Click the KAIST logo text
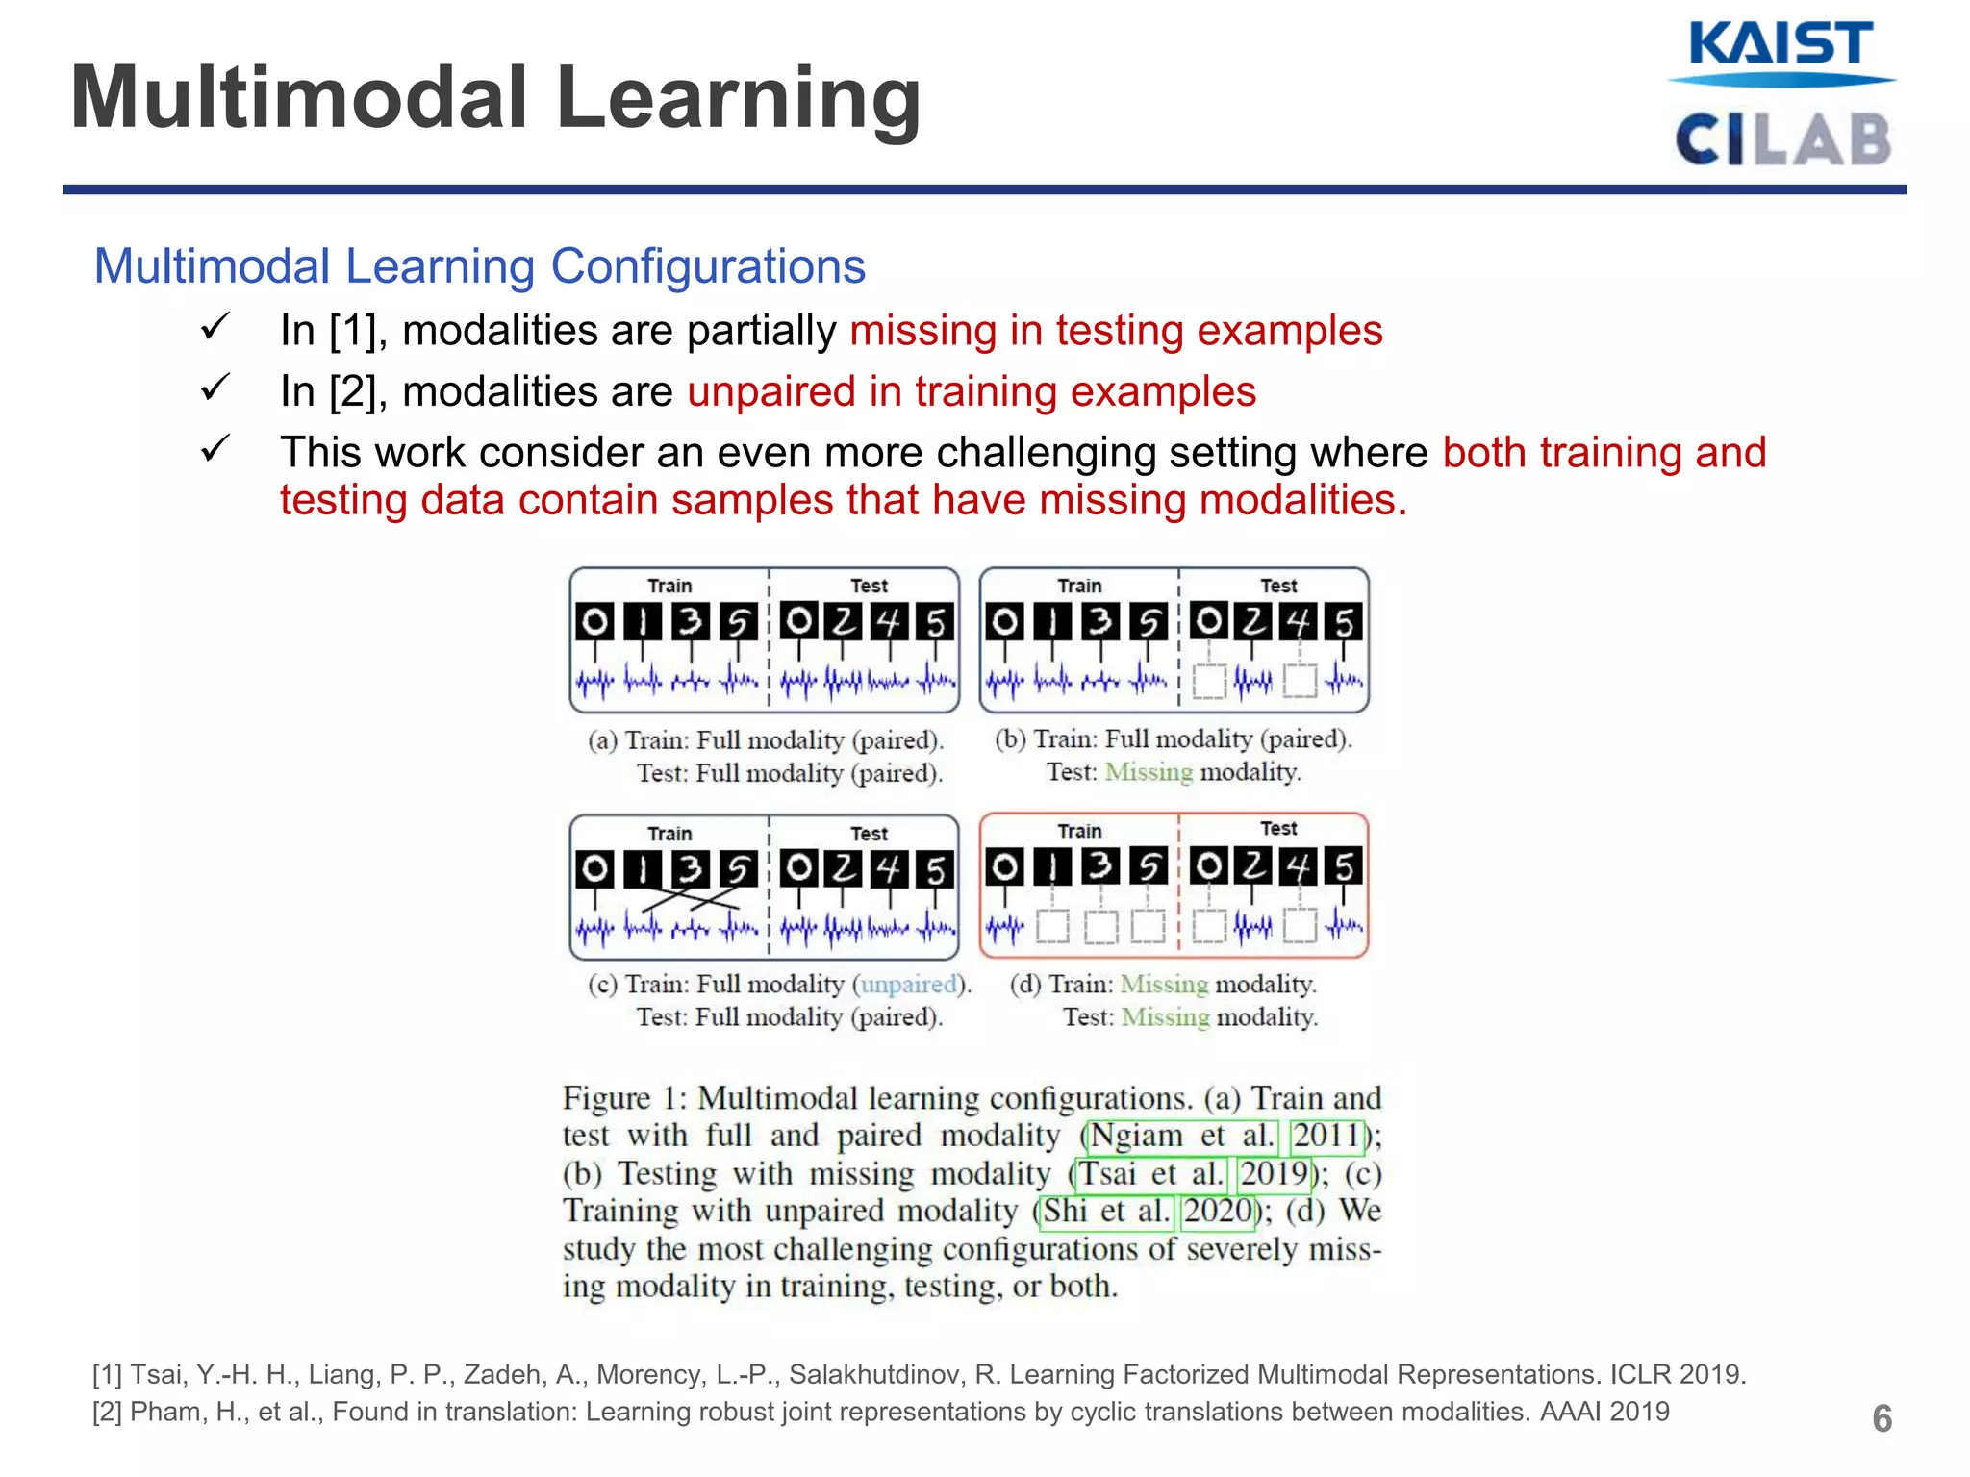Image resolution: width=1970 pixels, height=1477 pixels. pyautogui.click(x=1780, y=45)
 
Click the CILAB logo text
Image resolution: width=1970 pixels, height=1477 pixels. pyautogui.click(x=1782, y=140)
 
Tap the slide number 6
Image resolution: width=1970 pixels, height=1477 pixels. pyautogui.click(x=1882, y=1418)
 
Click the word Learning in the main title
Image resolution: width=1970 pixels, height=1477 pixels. pyautogui.click(x=738, y=99)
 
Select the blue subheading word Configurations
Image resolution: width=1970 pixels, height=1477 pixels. pyautogui.click(x=708, y=266)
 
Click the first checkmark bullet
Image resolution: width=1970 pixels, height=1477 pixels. pyautogui.click(x=215, y=327)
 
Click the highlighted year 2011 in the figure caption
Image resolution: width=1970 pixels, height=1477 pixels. pyautogui.click(x=1326, y=1136)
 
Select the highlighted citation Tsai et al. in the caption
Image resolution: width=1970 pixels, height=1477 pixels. pyautogui.click(x=1150, y=1173)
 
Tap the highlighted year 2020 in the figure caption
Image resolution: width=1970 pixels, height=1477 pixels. pyautogui.click(x=1218, y=1211)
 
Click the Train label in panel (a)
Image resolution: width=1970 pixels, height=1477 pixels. pyautogui.click(x=669, y=586)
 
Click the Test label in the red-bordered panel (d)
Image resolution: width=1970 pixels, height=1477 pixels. pyautogui.click(x=1278, y=828)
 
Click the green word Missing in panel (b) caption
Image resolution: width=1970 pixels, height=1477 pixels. pyautogui.click(x=1149, y=772)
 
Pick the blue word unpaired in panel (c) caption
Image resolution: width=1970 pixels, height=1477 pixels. pyautogui.click(x=908, y=984)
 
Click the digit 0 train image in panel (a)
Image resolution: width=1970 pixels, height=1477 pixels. pyautogui.click(x=594, y=622)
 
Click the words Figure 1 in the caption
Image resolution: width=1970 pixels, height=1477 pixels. pyautogui.click(x=619, y=1098)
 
